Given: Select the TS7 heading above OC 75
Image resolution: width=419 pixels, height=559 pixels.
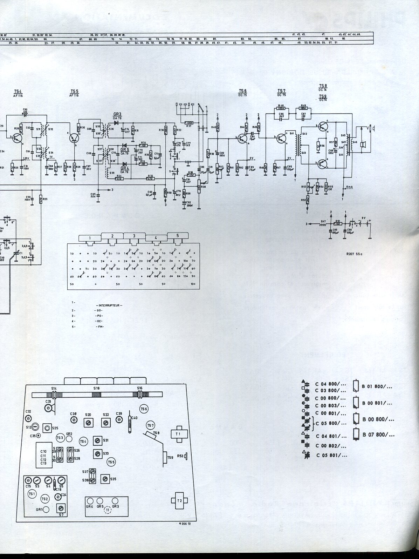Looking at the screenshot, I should point(281,91).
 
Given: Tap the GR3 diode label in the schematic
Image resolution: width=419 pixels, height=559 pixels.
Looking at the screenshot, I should point(117,114).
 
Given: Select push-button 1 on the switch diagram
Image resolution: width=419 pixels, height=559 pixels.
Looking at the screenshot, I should point(90,238).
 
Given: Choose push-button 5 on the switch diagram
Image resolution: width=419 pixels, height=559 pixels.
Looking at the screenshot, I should point(178,235).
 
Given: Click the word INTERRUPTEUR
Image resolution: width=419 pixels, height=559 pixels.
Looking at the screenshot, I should point(109,305).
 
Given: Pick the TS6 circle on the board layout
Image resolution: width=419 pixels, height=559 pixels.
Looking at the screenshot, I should point(144,409).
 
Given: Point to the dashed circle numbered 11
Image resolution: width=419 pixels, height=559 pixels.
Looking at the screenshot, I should point(107,511).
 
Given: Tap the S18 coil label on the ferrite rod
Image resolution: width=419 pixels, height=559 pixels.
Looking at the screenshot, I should point(97,389).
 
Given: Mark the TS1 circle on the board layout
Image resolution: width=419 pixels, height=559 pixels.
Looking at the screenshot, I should point(32,493).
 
